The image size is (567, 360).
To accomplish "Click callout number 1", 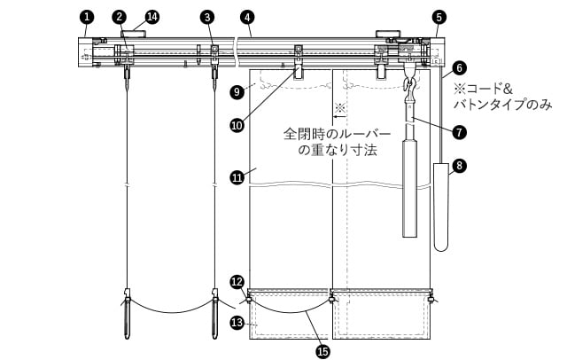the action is (x=87, y=17).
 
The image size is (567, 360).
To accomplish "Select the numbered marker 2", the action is (x=119, y=17).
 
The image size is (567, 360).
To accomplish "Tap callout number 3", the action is (x=207, y=17).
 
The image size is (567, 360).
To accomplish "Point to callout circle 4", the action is (x=247, y=17).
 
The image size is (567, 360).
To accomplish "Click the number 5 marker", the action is (x=439, y=17).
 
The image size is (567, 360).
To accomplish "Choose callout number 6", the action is (x=459, y=68).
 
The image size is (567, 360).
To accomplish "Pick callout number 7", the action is (x=459, y=132).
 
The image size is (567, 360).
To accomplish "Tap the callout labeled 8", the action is (x=459, y=166).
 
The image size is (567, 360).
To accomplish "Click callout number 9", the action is (x=237, y=92).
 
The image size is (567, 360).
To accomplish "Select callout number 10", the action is (x=237, y=126).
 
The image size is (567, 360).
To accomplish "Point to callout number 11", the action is (x=237, y=177).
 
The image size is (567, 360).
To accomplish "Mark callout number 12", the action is (x=237, y=282).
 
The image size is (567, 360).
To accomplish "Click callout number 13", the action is (x=237, y=323).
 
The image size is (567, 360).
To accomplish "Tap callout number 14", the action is (x=152, y=17).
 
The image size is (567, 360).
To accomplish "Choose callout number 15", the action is (x=322, y=350).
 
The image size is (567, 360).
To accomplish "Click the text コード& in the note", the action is (x=489, y=89).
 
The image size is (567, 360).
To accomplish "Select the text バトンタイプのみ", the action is (x=503, y=105).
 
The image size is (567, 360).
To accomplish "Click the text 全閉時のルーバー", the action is (x=338, y=134).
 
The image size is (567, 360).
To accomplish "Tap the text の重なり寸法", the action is (x=338, y=150).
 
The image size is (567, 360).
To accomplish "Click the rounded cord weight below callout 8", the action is (x=441, y=207).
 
